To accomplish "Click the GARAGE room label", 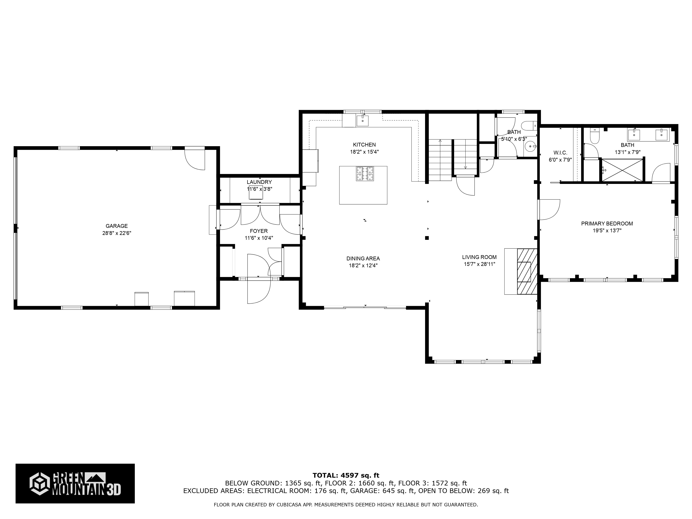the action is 117,226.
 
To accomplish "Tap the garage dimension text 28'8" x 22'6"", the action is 117,233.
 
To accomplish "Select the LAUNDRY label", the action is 259,182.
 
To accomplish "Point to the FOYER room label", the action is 259,231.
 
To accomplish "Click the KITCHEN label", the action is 365,144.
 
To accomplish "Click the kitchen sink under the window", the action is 363,120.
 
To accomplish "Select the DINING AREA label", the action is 363,258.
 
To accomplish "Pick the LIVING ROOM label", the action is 479,257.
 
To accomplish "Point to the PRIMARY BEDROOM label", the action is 607,223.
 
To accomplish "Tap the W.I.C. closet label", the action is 560,153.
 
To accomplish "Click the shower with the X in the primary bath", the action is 622,170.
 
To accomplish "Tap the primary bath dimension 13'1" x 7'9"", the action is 627,152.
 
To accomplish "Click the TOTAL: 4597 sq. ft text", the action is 346,476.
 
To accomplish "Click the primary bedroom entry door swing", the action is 549,210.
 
